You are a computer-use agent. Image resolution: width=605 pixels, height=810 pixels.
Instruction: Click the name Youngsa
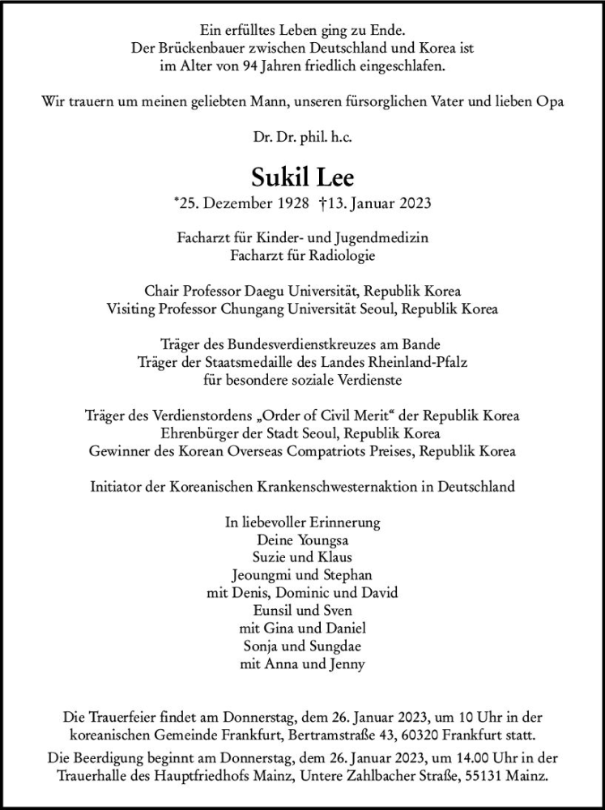pyautogui.click(x=325, y=539)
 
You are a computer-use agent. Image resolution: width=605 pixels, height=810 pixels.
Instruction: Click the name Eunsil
pyautogui.click(x=275, y=610)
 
